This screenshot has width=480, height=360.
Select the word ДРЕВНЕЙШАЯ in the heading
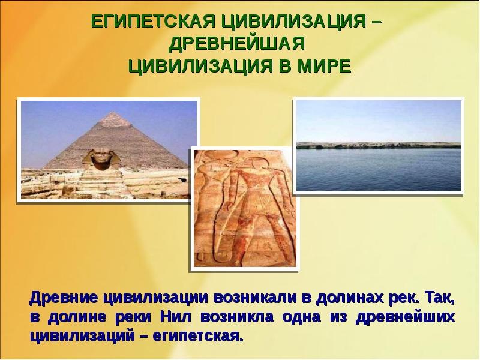pyautogui.click(x=236, y=44)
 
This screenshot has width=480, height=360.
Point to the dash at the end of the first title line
pyautogui.click(x=377, y=22)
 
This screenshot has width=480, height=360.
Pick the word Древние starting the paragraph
pyautogui.click(x=64, y=298)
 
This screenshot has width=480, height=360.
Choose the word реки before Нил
pyautogui.click(x=133, y=317)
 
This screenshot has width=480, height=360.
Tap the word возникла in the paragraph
pyautogui.click(x=237, y=317)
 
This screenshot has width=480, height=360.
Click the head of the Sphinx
pyautogui.click(x=100, y=158)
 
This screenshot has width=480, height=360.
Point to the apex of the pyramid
pyautogui.click(x=114, y=112)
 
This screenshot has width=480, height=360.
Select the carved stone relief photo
pyautogui.click(x=245, y=208)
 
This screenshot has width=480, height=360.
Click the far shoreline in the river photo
pyautogui.click(x=379, y=145)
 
